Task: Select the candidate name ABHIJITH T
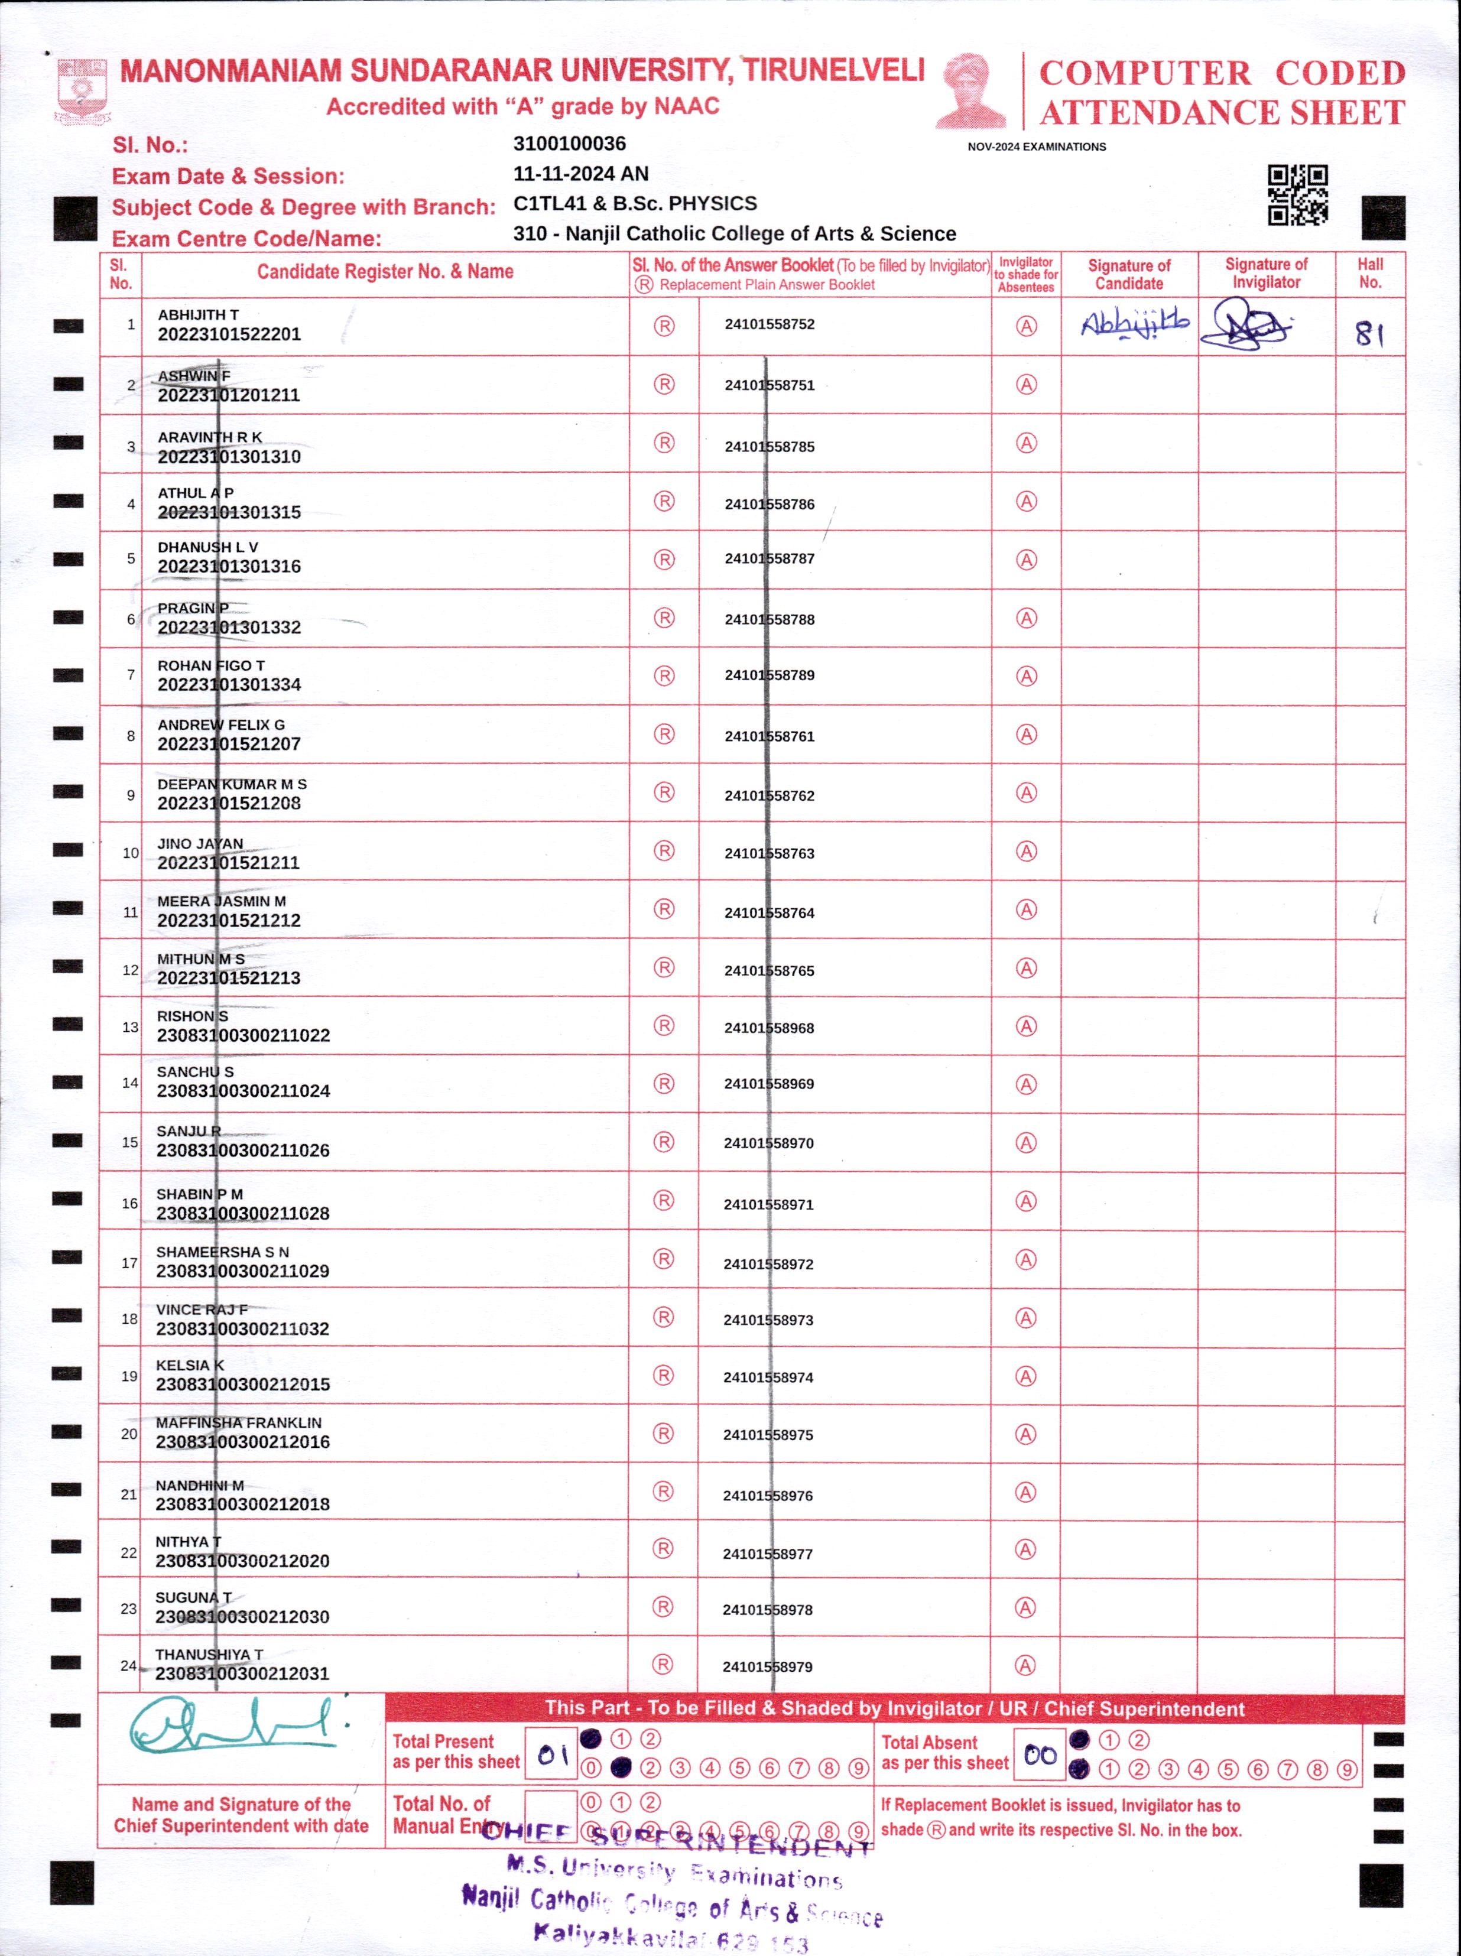[198, 315]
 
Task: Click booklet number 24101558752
[770, 324]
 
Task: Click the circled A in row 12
[1026, 969]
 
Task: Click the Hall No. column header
[1370, 273]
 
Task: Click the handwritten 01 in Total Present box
[553, 1754]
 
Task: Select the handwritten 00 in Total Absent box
[1040, 1754]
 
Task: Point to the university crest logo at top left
[82, 90]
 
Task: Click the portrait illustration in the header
[971, 90]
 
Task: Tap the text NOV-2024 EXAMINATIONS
[1037, 147]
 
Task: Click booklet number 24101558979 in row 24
[768, 1667]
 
